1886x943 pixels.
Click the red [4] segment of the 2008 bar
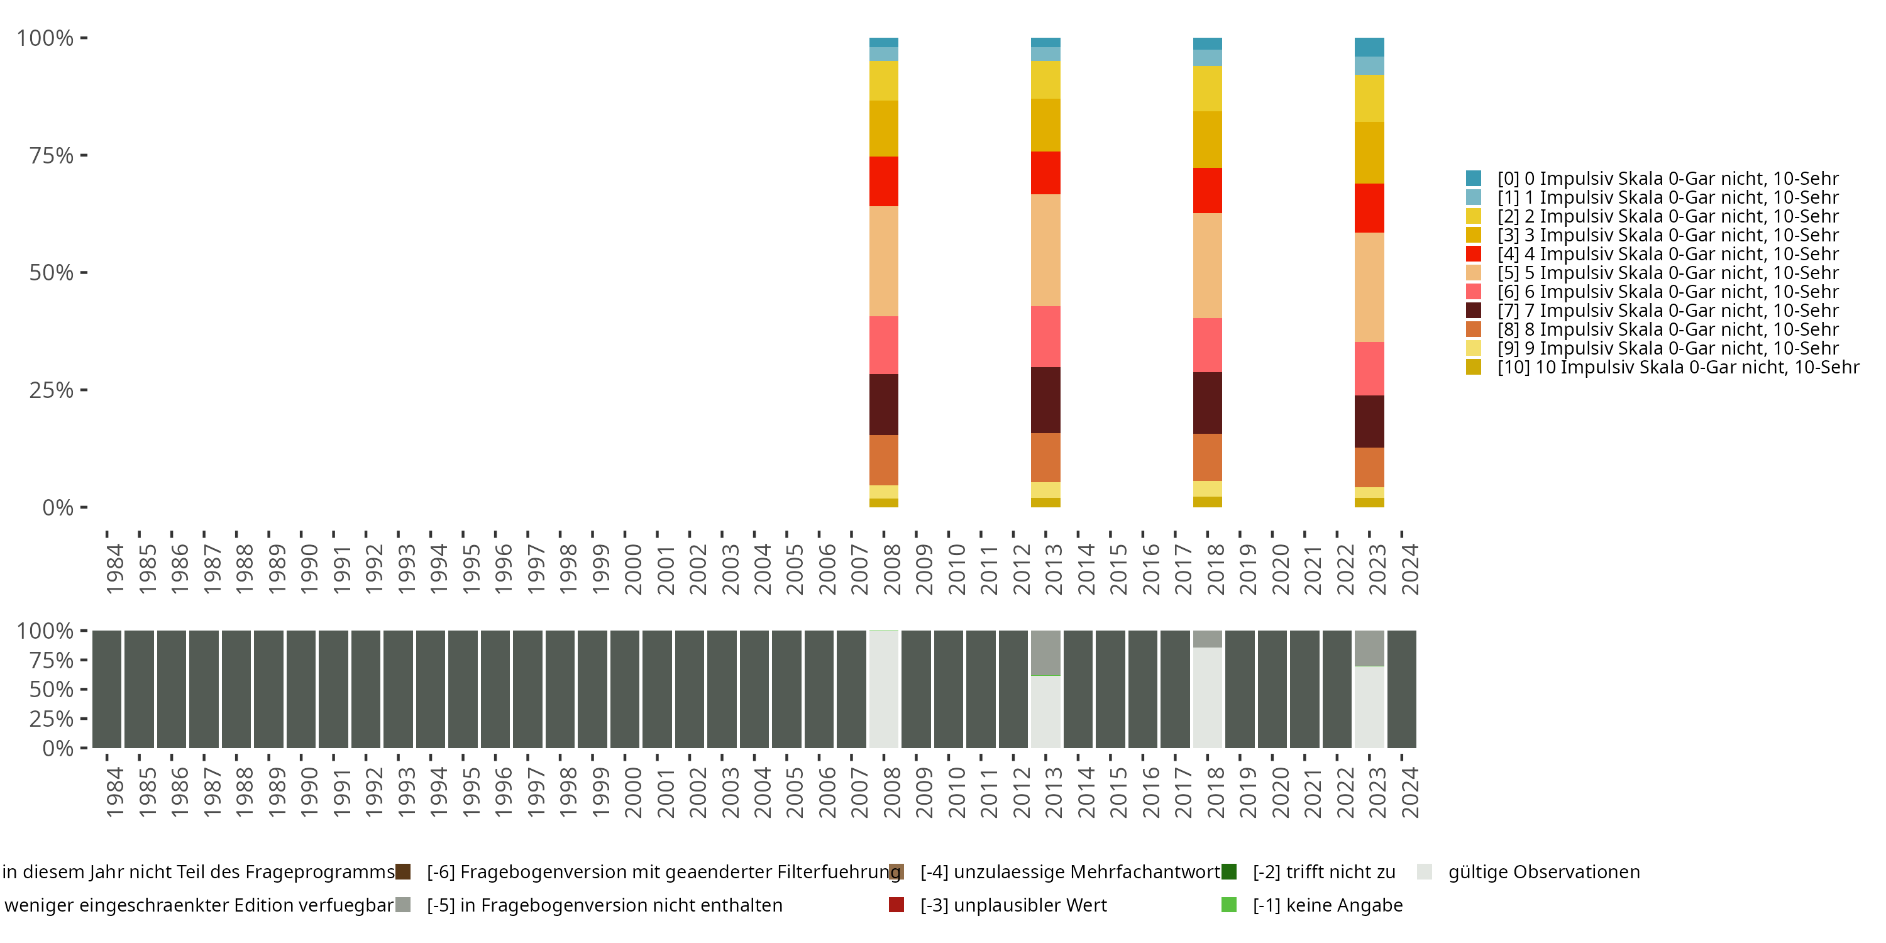coord(884,182)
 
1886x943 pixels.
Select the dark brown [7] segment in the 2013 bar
coord(1045,400)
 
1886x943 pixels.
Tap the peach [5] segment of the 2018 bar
coord(1207,266)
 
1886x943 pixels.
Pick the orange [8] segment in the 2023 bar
coord(1369,467)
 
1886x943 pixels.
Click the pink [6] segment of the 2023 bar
coord(1369,369)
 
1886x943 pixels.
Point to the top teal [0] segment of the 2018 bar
coord(1207,43)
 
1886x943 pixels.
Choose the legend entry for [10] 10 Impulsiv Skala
coord(1662,367)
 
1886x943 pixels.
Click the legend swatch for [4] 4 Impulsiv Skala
coord(1474,254)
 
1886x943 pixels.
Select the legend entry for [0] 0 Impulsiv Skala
coord(1652,179)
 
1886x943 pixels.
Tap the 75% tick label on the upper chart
coord(52,155)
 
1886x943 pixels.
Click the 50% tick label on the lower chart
coord(52,689)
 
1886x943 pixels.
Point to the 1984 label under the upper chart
coord(115,569)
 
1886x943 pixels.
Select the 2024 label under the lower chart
coord(1410,792)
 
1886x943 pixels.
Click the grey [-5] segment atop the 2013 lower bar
coord(1045,653)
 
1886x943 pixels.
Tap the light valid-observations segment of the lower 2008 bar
coord(884,689)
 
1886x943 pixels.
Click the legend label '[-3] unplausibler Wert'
coord(1013,905)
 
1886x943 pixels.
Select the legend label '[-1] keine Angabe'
coord(1327,905)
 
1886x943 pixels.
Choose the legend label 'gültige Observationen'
coord(1544,872)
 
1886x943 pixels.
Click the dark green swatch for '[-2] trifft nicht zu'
coord(1229,871)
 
